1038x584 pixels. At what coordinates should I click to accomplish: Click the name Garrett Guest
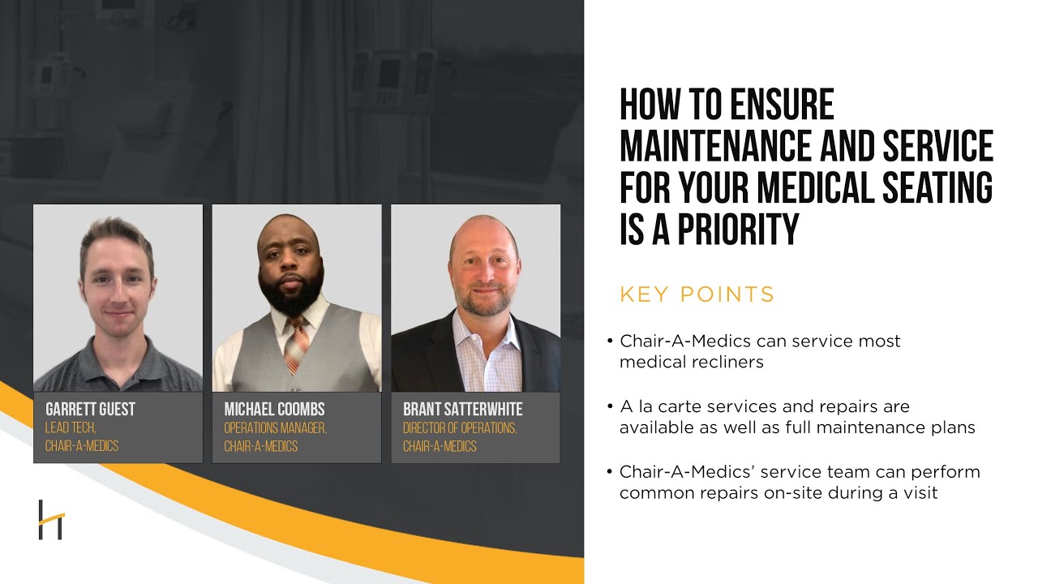pos(90,410)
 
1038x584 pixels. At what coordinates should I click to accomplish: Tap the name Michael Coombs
pos(274,410)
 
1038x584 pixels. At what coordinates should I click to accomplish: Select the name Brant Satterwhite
pos(463,410)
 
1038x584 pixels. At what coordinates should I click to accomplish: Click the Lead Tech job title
pos(71,428)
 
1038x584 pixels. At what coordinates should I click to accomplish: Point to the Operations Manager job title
pos(275,428)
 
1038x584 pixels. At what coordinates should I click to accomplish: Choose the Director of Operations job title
pos(460,428)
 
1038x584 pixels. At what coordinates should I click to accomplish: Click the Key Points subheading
pos(697,294)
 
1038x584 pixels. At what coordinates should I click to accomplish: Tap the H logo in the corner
pos(50,520)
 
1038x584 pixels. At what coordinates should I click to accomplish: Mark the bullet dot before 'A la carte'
pos(610,406)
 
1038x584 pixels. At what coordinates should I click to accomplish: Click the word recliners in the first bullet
pos(723,362)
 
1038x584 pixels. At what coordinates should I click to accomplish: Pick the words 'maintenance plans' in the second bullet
pos(903,427)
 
